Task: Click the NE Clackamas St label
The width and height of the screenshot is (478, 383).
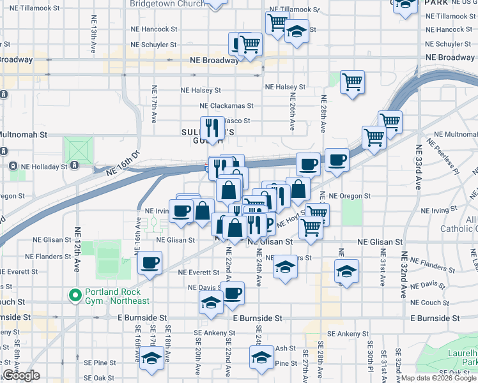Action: click(x=226, y=106)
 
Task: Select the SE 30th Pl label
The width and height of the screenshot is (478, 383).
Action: click(x=370, y=364)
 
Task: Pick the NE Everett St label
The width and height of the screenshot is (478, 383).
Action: click(x=199, y=272)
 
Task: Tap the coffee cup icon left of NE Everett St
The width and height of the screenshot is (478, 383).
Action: click(x=150, y=262)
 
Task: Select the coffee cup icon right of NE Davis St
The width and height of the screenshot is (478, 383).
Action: click(x=233, y=293)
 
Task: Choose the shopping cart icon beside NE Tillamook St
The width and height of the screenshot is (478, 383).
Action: click(x=277, y=22)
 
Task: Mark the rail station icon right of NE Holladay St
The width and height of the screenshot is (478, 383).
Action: click(x=75, y=165)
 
